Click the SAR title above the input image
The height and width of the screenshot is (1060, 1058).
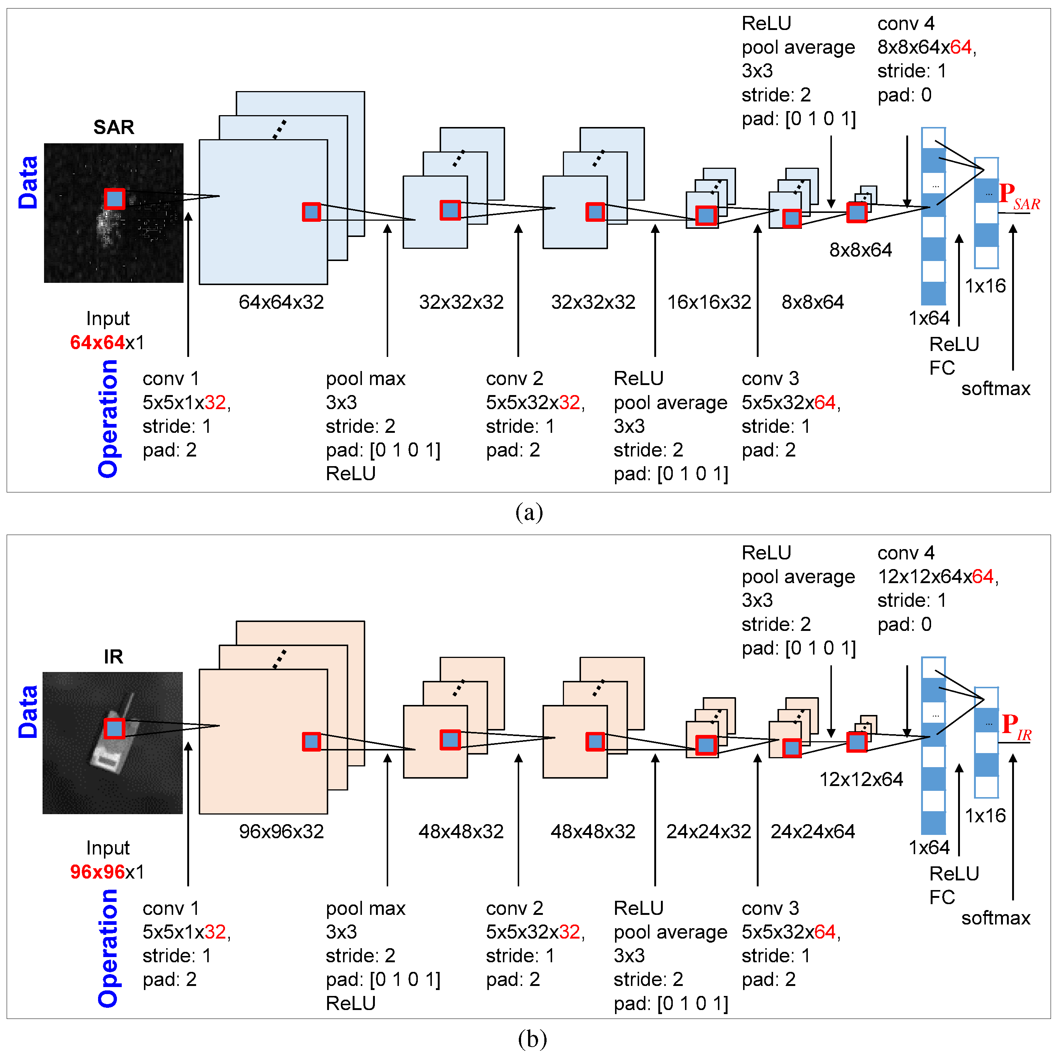click(x=114, y=127)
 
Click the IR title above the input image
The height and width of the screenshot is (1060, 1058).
click(x=114, y=657)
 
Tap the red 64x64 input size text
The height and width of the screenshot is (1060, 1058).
click(x=97, y=342)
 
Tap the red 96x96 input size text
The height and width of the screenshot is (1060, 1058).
click(x=97, y=872)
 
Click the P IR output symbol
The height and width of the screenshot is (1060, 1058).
click(x=1016, y=726)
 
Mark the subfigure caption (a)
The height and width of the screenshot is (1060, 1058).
click(x=529, y=512)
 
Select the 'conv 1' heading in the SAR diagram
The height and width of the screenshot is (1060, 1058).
click(x=171, y=378)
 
